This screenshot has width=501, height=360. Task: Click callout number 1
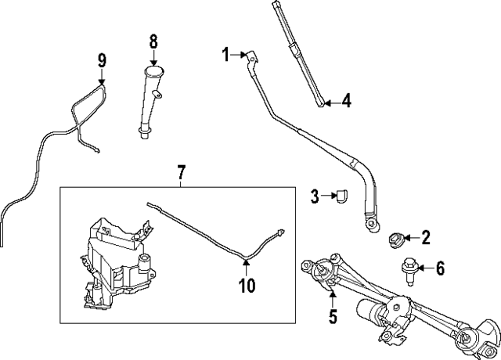(225, 54)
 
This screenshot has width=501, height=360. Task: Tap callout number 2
(426, 236)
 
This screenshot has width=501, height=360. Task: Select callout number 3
(314, 196)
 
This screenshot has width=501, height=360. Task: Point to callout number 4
(346, 101)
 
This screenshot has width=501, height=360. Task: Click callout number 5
(333, 316)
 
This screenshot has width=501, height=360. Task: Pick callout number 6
(440, 269)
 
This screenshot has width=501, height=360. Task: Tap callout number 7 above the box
(181, 171)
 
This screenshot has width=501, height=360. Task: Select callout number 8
(153, 39)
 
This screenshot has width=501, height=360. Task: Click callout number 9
(102, 59)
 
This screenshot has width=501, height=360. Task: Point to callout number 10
(247, 286)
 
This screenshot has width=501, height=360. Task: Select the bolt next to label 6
(409, 269)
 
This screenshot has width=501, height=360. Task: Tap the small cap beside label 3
(341, 197)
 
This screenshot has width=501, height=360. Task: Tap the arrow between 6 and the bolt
(424, 269)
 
